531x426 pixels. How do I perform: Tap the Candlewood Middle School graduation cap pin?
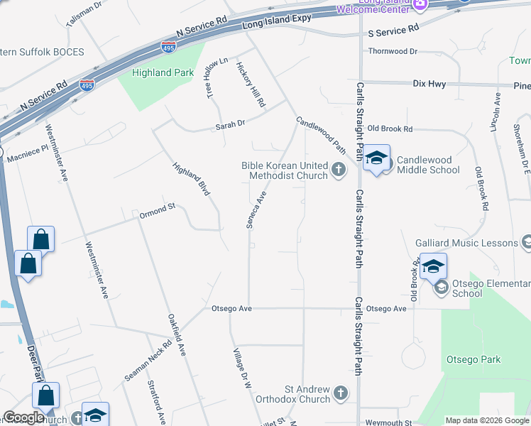click(377, 160)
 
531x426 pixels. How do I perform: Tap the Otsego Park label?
click(473, 360)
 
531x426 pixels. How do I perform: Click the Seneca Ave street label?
click(256, 209)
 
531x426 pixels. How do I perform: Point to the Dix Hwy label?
click(429, 84)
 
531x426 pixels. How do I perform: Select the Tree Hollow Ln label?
click(217, 78)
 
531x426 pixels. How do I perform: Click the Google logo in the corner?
click(23, 417)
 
